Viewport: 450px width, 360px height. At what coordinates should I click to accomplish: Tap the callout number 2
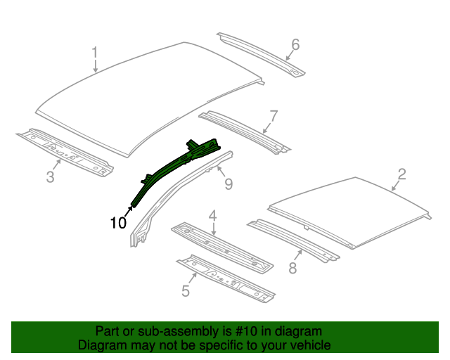(401, 174)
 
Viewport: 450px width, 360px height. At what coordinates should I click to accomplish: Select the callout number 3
(50, 176)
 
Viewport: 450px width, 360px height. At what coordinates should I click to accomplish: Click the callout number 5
(186, 290)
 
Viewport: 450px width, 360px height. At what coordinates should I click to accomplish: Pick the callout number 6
(295, 45)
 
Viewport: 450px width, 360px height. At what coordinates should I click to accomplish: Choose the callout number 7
(274, 115)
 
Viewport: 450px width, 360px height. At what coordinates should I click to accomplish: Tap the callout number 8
(292, 267)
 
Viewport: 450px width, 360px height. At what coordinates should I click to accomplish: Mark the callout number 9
(228, 184)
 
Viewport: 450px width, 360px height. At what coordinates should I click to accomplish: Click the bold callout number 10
(118, 224)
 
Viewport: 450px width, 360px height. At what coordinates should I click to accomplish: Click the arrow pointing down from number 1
(96, 66)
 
